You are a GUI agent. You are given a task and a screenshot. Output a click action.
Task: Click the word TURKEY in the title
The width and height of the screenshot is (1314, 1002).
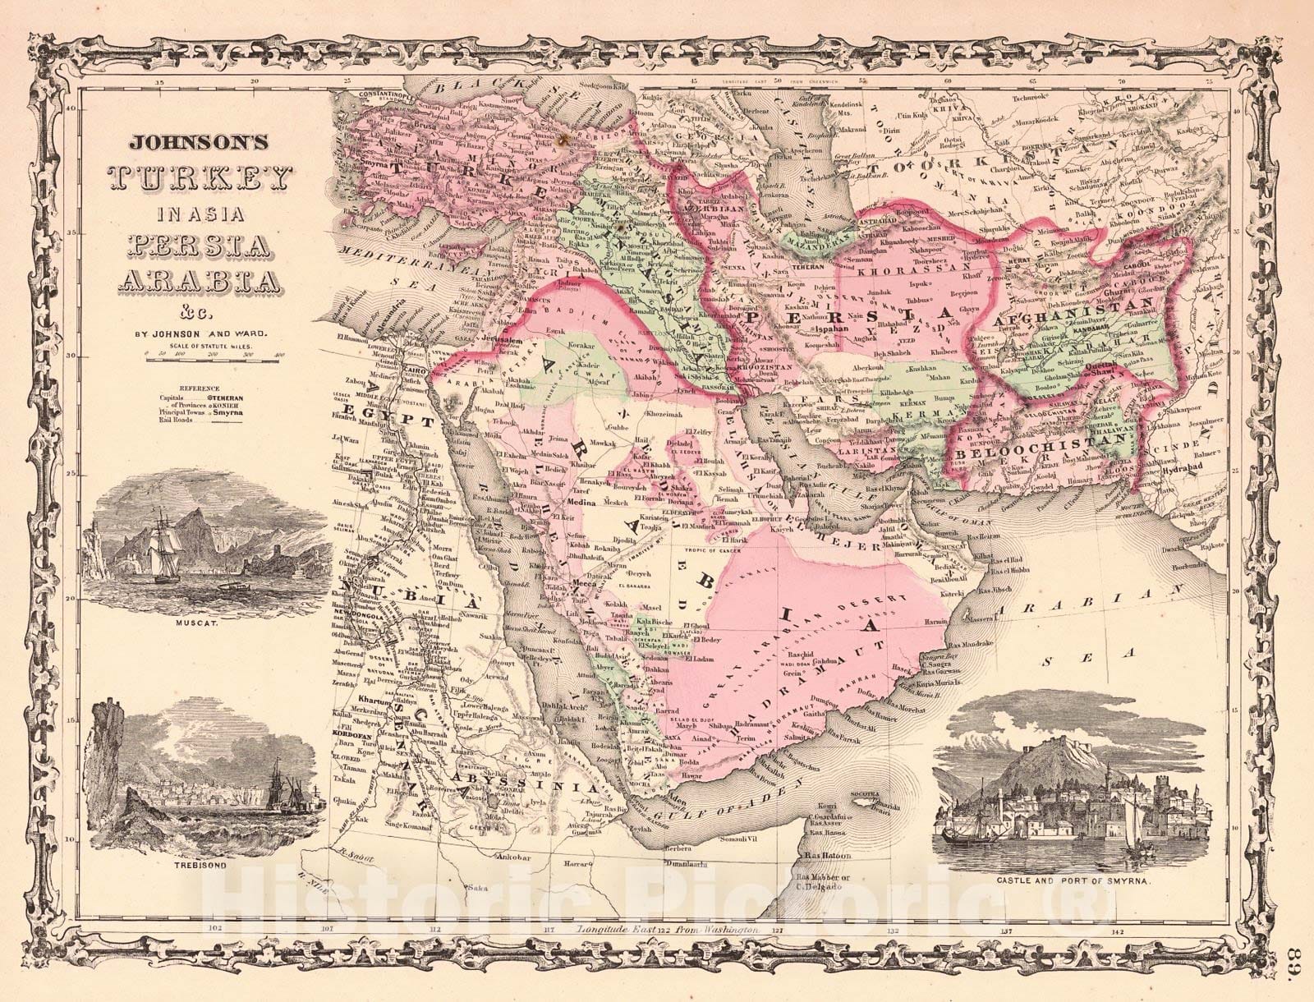(x=202, y=176)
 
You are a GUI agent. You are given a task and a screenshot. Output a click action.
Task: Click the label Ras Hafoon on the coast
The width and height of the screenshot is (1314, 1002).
(x=826, y=856)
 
